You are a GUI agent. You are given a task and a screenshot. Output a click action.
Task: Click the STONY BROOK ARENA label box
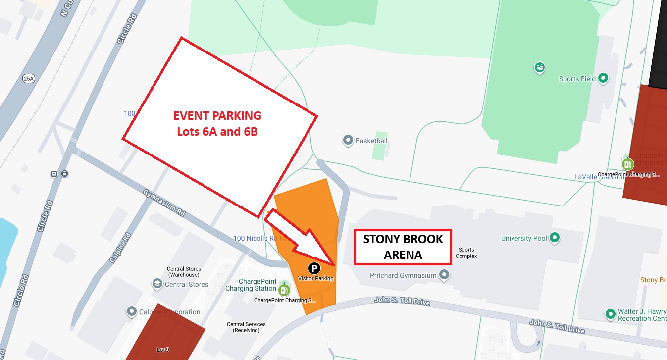point(402,247)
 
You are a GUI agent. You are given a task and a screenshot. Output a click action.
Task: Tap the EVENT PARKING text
point(217,116)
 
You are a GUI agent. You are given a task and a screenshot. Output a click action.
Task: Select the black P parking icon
point(314,268)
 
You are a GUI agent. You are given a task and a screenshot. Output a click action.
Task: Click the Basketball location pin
point(348,141)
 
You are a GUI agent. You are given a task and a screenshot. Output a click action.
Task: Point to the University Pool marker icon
point(555,238)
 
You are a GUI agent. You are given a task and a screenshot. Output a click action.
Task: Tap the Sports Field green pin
point(603,78)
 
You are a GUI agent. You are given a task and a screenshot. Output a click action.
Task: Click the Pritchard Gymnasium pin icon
point(445,275)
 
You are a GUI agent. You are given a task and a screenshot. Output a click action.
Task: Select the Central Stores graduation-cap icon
point(157,284)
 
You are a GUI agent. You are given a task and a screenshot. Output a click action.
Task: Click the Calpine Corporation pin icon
point(132,312)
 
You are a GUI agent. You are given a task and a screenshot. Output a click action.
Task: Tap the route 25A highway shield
point(29,78)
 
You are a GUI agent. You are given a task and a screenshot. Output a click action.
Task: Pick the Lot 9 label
point(163,350)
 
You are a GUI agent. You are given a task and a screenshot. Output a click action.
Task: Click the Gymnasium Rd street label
point(164,203)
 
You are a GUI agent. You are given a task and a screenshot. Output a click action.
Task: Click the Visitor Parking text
point(315,278)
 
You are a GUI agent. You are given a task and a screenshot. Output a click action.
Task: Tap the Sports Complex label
point(466,253)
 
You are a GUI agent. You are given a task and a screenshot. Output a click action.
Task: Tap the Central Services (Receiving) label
point(246,327)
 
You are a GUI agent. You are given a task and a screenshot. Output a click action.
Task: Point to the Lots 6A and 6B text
point(217,132)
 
